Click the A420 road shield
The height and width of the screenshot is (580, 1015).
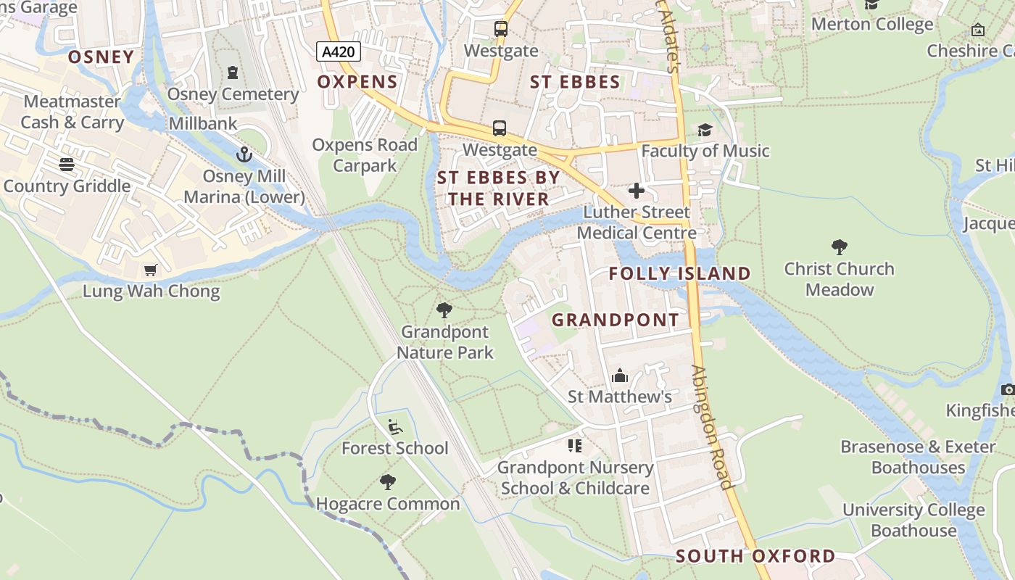tap(339, 51)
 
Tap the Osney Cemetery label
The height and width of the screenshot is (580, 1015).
tap(233, 94)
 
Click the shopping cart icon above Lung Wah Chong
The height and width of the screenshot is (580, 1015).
tap(151, 270)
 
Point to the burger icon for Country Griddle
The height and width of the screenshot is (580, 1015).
tap(67, 165)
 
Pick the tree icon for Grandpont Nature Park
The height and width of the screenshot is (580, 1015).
tap(444, 311)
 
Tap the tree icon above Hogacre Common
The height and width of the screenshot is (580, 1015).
tap(388, 481)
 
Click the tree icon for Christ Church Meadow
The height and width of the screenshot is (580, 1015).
tap(840, 247)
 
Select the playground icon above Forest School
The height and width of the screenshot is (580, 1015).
tap(395, 427)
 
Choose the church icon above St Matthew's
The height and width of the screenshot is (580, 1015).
tap(620, 376)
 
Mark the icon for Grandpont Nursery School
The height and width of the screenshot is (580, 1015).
tap(575, 445)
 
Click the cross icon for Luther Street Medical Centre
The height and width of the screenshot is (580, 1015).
tap(637, 191)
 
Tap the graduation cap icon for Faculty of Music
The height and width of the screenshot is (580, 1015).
tap(705, 130)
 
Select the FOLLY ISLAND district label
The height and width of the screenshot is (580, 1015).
tap(679, 273)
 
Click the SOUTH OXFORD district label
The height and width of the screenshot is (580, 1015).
tap(755, 556)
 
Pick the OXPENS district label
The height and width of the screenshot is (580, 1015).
tap(357, 82)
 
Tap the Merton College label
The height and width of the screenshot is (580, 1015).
tap(872, 24)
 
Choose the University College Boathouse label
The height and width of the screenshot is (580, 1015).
tap(913, 520)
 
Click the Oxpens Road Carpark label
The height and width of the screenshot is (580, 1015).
tap(365, 155)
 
